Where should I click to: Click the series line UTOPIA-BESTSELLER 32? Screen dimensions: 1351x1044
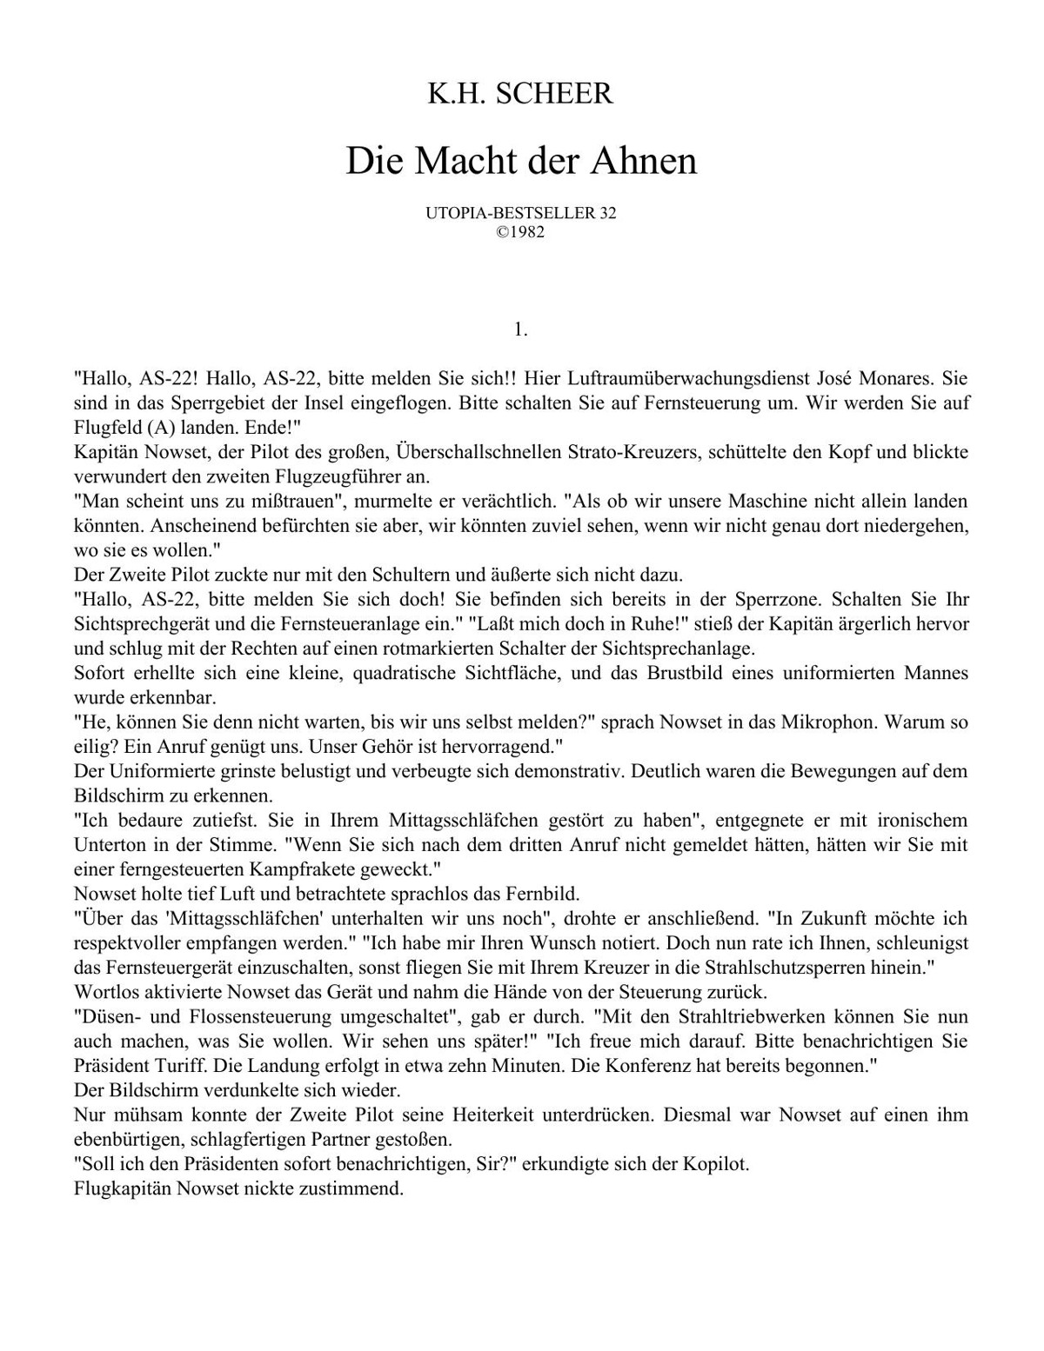(x=520, y=213)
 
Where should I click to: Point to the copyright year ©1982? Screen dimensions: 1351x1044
(x=520, y=232)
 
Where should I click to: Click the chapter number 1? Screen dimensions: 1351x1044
(x=520, y=329)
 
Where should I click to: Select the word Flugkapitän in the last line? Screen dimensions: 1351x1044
(x=122, y=1188)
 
